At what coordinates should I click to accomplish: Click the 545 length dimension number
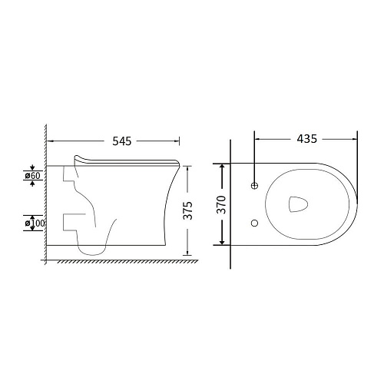click(122, 141)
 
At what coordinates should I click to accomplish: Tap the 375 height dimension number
click(187, 210)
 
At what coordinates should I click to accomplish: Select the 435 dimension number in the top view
click(307, 139)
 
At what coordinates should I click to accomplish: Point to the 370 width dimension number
click(222, 204)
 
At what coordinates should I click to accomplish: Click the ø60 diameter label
click(32, 176)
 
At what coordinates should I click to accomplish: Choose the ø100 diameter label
click(35, 223)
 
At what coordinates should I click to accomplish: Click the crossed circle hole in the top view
click(254, 186)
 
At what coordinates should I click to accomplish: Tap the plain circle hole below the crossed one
click(254, 223)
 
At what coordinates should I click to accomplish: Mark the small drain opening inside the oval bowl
click(298, 204)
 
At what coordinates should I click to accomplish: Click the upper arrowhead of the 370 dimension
click(222, 167)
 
